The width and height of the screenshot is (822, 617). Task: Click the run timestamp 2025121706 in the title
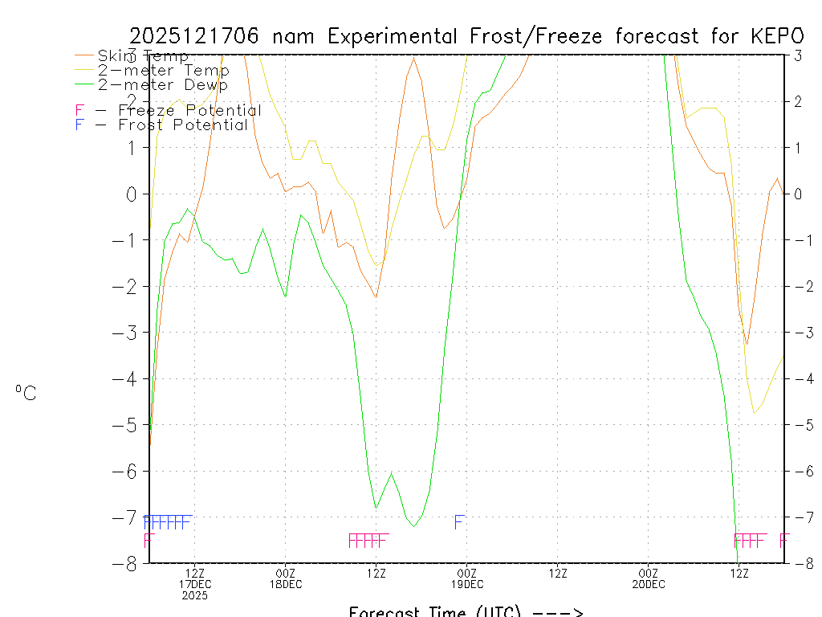pos(197,36)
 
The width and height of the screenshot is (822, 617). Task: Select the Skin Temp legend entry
pos(143,56)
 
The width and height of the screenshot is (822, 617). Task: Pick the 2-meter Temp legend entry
pos(163,71)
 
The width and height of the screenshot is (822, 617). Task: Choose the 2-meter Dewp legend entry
pos(162,84)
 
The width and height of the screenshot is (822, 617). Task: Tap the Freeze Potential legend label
pos(189,110)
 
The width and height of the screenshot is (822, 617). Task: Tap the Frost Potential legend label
pos(182,125)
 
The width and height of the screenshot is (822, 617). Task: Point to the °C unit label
pos(26,394)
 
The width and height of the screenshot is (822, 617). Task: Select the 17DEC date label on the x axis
pos(194,584)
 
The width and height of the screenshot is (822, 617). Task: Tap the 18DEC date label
pos(286,584)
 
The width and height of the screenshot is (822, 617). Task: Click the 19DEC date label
pos(467,584)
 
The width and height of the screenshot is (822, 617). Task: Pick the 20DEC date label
pos(649,584)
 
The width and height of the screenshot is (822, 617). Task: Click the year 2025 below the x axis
pos(194,595)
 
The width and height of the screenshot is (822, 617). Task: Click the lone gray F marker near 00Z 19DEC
pos(458,522)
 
